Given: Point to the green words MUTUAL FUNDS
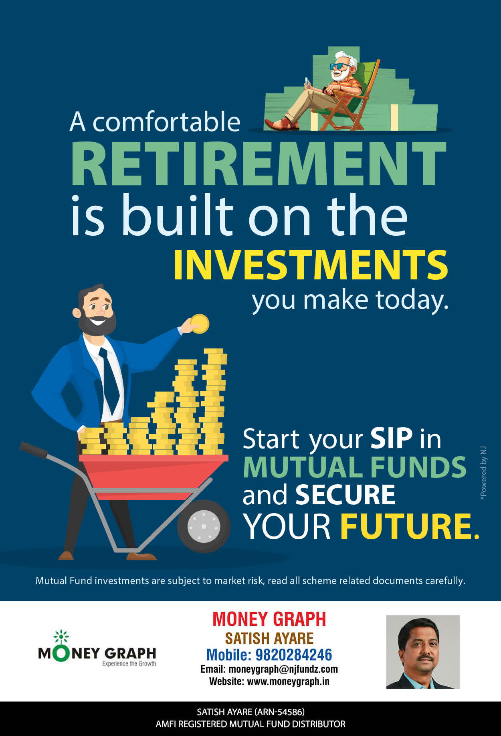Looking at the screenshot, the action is (354, 467).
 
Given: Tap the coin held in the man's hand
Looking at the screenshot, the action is (200, 324).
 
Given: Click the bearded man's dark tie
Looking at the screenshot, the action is (109, 379).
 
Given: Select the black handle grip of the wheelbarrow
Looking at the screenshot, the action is (34, 450).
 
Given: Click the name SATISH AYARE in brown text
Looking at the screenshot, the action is (269, 638).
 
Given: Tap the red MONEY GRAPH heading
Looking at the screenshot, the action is (269, 619).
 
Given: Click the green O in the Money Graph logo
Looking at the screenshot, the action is (61, 654).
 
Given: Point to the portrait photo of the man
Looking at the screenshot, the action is (423, 652).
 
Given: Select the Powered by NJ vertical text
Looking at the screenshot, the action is (483, 473).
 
